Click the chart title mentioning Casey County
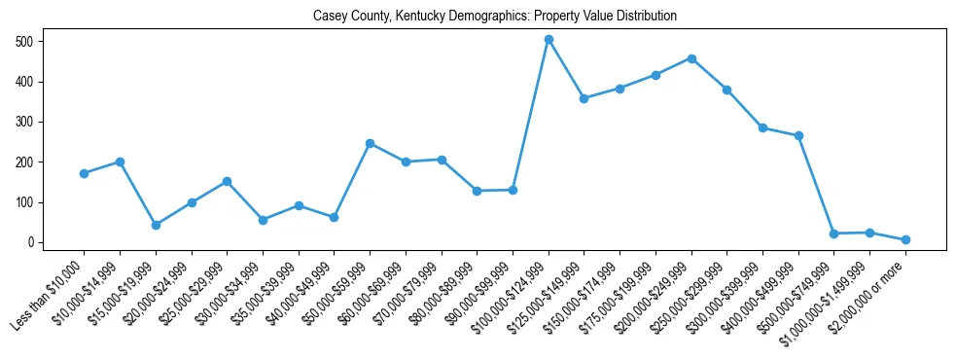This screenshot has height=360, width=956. [494, 17]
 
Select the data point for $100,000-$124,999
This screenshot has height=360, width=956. [549, 40]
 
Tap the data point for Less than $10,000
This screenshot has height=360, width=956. [85, 173]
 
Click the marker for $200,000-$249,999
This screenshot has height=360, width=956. [691, 58]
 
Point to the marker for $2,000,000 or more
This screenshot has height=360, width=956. [905, 239]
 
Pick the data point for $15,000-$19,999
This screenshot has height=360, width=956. [156, 225]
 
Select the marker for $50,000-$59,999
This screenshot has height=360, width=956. [371, 143]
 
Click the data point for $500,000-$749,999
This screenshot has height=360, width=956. [833, 234]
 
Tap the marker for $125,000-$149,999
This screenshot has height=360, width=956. [584, 98]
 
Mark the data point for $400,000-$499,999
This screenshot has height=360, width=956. [798, 136]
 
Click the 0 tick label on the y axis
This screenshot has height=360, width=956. [31, 242]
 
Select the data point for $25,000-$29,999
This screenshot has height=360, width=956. [227, 181]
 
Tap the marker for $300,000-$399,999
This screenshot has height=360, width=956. [762, 127]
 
